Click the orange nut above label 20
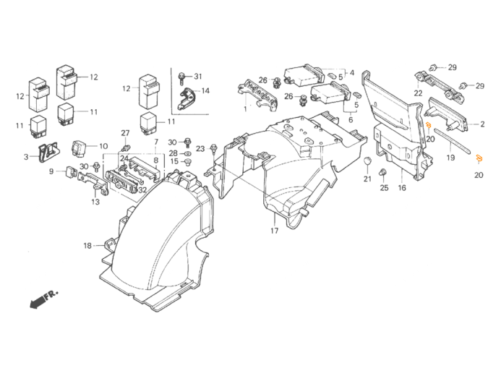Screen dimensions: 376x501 [x=479, y=158]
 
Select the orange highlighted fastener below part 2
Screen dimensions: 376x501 [x=428, y=125]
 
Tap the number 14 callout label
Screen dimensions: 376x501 [x=205, y=91]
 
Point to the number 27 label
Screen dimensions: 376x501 [x=124, y=133]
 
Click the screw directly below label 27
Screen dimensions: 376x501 [x=124, y=148]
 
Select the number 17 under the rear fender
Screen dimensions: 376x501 [x=274, y=231]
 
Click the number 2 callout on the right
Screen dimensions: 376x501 [x=482, y=125]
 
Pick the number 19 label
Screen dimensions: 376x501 [x=450, y=157]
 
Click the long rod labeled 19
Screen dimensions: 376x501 [x=452, y=141]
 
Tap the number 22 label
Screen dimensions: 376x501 [x=418, y=93]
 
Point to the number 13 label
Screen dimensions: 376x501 [x=95, y=202]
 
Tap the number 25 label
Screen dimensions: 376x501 [x=384, y=187]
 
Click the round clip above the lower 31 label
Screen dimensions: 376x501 [x=367, y=161]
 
